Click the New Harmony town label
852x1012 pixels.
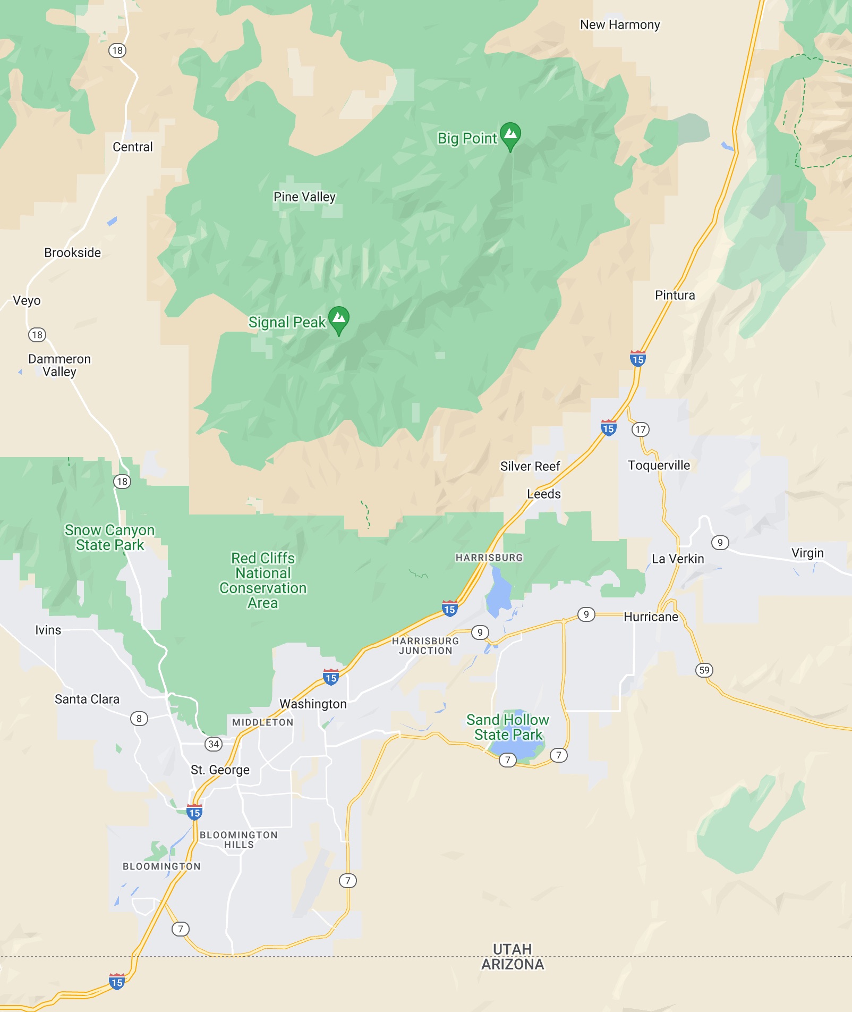[x=620, y=25]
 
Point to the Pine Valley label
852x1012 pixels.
[x=304, y=197]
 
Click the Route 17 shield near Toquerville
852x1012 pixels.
[x=641, y=429]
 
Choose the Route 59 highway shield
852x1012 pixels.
[x=704, y=670]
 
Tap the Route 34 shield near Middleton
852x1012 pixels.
[x=214, y=744]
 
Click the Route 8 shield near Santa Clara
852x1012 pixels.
[x=139, y=719]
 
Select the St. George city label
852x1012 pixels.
[x=220, y=770]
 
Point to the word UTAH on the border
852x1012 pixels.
[x=512, y=949]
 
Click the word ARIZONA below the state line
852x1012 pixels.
[x=513, y=965]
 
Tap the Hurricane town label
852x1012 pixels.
[x=651, y=617]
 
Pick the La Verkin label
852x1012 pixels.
[x=678, y=559]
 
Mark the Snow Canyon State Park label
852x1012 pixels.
[x=110, y=538]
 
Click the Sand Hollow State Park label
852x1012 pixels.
[x=508, y=728]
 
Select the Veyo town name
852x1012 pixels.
[x=27, y=301]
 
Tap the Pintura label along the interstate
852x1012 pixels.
[x=675, y=296]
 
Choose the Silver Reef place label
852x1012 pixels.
[x=530, y=467]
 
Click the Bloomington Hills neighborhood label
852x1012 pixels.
[x=238, y=840]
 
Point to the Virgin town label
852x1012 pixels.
[x=807, y=553]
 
